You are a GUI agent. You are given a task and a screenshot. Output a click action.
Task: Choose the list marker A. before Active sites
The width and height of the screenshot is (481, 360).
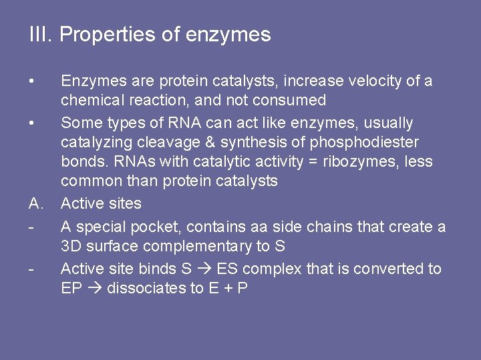[36, 203]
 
